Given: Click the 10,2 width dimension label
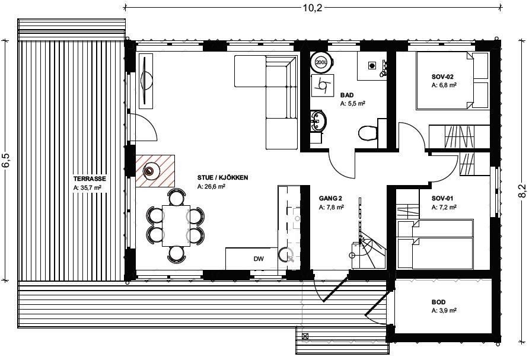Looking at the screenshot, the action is (312, 8).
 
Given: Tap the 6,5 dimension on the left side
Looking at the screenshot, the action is (7, 160).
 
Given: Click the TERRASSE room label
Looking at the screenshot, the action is (90, 179).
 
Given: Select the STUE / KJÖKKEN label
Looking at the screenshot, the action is (222, 177).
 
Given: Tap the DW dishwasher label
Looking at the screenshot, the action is (259, 259).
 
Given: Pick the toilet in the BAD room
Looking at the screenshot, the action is (368, 133).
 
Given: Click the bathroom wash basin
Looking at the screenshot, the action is (318, 121).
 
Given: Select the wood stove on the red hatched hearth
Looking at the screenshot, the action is (149, 171).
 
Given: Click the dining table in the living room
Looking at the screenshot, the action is (176, 225).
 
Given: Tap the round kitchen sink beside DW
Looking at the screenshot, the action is (286, 254).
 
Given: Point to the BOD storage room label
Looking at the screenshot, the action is (438, 302).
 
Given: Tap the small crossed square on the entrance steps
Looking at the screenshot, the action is (305, 336).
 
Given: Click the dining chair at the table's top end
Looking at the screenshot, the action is (177, 197).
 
